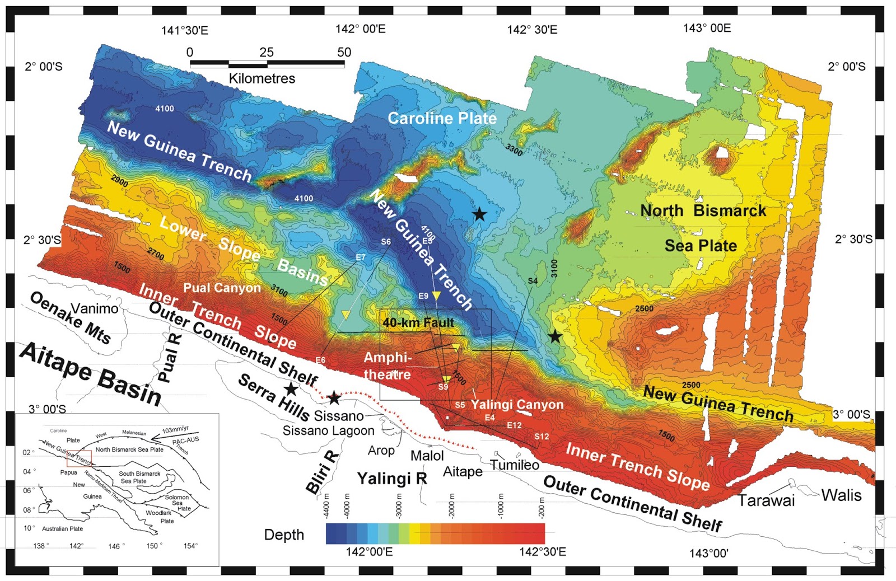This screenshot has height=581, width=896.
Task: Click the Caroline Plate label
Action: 442,119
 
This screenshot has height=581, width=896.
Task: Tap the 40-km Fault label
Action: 418,323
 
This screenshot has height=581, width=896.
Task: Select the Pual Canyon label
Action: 222,288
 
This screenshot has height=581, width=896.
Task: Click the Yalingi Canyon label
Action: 517,405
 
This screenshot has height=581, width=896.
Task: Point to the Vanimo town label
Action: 95,308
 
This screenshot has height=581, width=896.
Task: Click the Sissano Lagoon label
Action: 328,431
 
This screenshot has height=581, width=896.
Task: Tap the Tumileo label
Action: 515,465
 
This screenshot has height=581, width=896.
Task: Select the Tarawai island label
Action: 766,500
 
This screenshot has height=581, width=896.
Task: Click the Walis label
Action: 841,495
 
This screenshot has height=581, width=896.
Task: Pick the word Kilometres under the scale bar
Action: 262,78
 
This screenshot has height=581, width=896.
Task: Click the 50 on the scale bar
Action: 344,53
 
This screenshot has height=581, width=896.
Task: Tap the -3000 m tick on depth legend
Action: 399,506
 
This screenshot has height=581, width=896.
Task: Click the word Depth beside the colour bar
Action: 284,535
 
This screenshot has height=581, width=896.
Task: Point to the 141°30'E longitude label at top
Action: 185,31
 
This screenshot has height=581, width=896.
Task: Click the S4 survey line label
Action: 533,281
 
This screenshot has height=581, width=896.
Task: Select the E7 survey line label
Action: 360,257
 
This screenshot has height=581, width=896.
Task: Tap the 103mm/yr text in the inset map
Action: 175,430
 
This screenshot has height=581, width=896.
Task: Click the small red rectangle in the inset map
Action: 79,458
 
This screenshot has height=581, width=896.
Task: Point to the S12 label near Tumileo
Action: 542,437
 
